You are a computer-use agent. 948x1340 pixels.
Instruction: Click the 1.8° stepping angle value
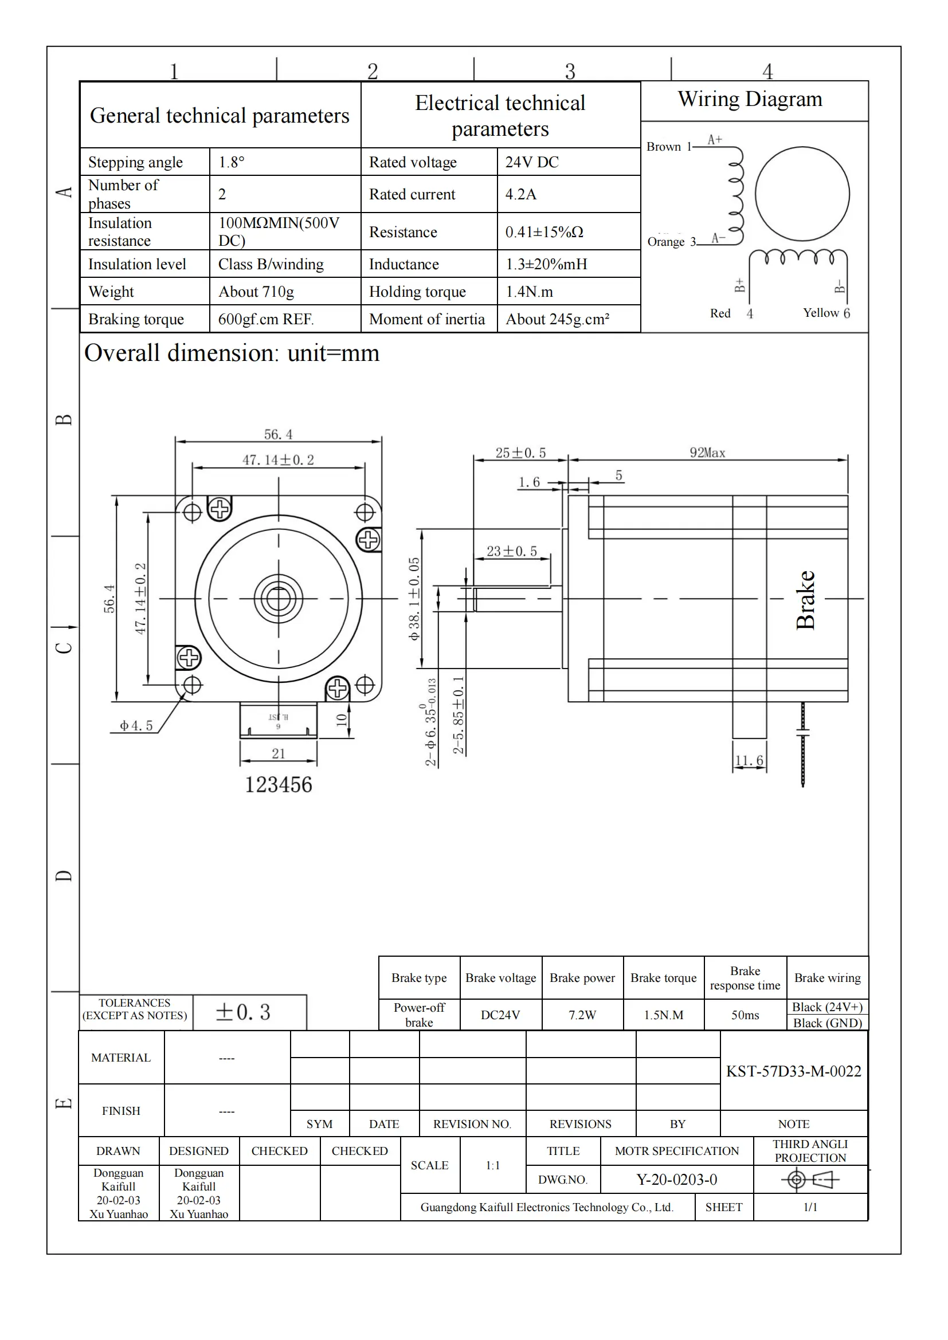(x=231, y=162)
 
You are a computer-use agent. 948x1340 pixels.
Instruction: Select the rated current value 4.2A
(x=520, y=194)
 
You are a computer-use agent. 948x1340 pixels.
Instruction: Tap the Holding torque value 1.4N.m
(x=529, y=291)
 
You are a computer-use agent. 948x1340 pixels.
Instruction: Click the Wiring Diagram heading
(x=750, y=99)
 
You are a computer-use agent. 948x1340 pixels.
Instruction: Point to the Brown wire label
(x=663, y=147)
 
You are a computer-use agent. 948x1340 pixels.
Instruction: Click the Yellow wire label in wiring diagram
(x=820, y=313)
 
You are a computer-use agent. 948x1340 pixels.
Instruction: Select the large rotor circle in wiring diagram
(x=801, y=194)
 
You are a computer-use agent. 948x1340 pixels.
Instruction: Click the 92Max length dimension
(x=707, y=453)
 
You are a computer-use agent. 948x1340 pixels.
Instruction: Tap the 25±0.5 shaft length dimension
(x=520, y=453)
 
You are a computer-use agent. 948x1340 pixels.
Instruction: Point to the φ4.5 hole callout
(x=136, y=725)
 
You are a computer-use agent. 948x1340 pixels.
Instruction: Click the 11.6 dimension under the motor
(x=749, y=760)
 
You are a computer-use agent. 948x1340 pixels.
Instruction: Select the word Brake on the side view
(x=805, y=599)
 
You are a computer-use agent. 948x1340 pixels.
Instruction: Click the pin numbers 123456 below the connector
(x=278, y=784)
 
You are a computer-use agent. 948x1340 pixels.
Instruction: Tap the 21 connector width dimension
(x=279, y=753)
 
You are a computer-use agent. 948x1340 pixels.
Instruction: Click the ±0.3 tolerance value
(x=243, y=1012)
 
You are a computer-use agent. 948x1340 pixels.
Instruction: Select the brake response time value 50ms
(x=745, y=1015)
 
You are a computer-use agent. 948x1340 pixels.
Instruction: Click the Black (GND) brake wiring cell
(x=826, y=1023)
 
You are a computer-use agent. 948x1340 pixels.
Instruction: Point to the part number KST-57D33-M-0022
(x=793, y=1071)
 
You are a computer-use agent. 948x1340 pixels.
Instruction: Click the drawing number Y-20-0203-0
(x=676, y=1180)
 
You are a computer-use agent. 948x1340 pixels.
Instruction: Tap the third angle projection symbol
(x=810, y=1180)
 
